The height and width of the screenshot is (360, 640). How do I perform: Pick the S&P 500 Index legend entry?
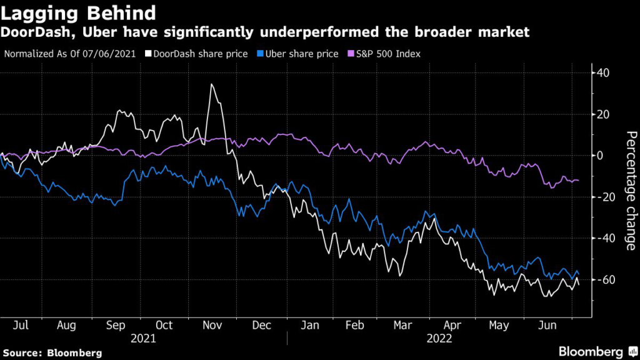(384, 54)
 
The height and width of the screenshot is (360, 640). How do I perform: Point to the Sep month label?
(115, 326)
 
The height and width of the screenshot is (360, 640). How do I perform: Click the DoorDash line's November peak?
(212, 84)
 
